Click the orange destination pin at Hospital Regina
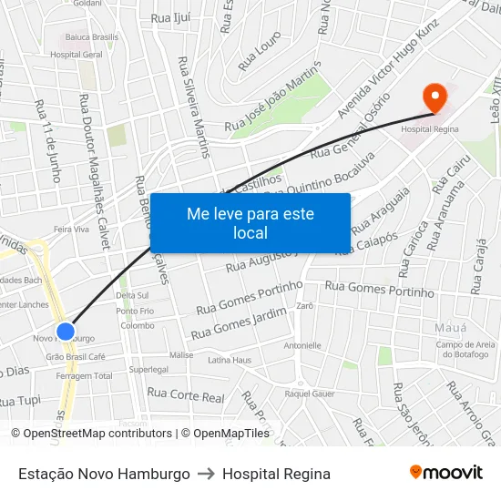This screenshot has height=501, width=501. (435, 96)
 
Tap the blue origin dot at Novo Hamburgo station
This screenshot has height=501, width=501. (66, 331)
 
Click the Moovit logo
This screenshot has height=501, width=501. (445, 473)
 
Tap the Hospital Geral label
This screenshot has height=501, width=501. (77, 55)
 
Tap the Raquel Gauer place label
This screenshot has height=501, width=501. (310, 394)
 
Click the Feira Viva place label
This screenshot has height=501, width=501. (72, 230)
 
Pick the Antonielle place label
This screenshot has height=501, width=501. (303, 345)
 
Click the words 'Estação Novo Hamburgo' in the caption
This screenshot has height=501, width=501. (104, 474)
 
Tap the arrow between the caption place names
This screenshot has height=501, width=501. (207, 474)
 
